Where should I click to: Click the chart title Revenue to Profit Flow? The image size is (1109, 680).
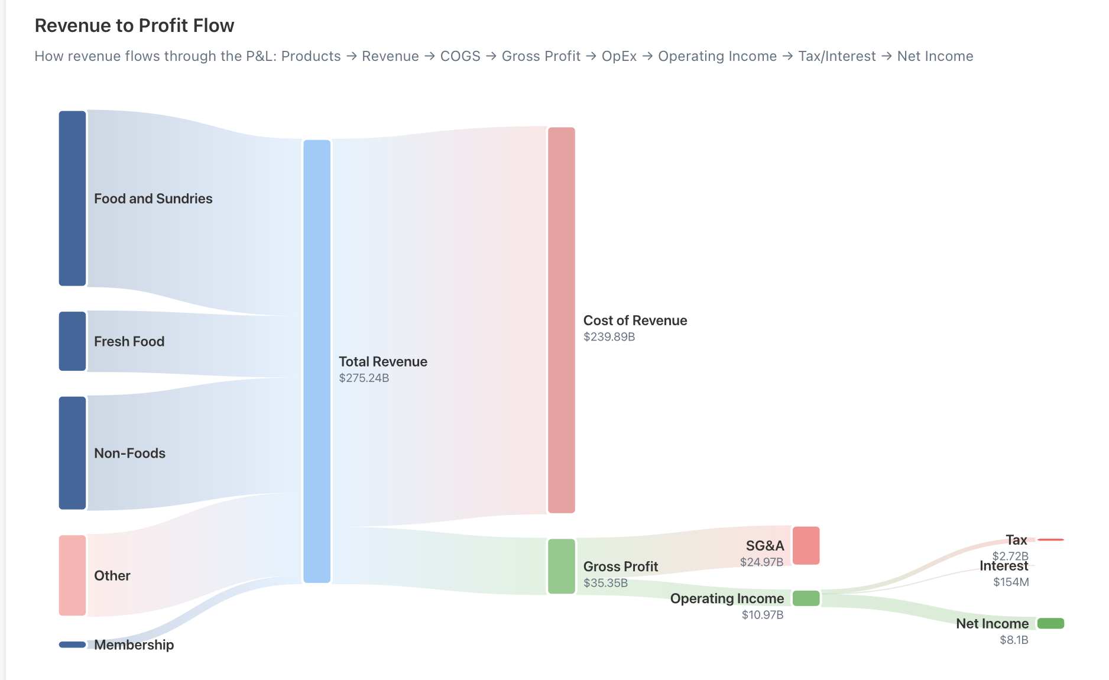tap(134, 25)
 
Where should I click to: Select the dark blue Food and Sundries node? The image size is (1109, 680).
tap(72, 198)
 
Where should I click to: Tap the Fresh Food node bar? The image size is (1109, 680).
tap(72, 341)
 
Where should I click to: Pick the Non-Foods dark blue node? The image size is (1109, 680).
tap(72, 452)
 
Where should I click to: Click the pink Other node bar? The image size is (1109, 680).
tap(72, 575)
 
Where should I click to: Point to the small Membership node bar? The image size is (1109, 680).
tap(72, 645)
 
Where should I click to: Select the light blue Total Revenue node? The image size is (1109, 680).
tap(317, 361)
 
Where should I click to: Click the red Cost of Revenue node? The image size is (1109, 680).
tap(561, 320)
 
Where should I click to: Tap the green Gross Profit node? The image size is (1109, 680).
tap(561, 566)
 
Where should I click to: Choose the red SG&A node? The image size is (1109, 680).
tap(806, 545)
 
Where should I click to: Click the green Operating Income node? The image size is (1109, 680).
tap(806, 598)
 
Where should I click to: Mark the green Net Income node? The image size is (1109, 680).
tap(1050, 623)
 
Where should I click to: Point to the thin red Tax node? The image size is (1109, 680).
tap(1050, 540)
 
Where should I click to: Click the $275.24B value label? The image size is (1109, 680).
tap(364, 378)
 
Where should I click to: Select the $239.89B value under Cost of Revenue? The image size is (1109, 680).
tap(609, 336)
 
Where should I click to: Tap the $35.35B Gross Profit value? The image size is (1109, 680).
tap(605, 582)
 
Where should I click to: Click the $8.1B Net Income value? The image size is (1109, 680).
tap(1014, 640)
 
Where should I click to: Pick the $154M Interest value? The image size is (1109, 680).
tap(1011, 582)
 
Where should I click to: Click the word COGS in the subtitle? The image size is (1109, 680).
tap(460, 56)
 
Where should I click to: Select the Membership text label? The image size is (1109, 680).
tap(134, 645)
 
